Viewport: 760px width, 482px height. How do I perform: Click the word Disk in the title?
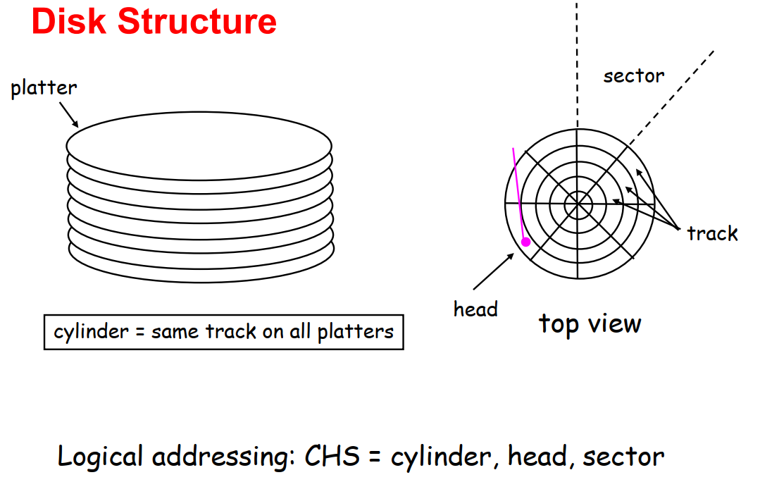pyautogui.click(x=68, y=21)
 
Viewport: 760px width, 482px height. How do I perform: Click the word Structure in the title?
pyautogui.click(x=197, y=21)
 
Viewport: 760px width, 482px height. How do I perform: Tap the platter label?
pyautogui.click(x=44, y=88)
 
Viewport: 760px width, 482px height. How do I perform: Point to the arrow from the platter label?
pyautogui.click(x=69, y=114)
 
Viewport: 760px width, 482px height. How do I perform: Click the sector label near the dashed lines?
pyautogui.click(x=633, y=76)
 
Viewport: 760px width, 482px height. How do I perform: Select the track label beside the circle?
pyautogui.click(x=713, y=234)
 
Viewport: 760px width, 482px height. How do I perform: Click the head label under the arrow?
pyautogui.click(x=475, y=309)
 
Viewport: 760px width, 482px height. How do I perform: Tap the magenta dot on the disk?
pyautogui.click(x=526, y=242)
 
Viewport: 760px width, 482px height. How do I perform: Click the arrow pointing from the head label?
pyautogui.click(x=494, y=271)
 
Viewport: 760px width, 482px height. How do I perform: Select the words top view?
pyautogui.click(x=590, y=323)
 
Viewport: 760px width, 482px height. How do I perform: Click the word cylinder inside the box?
pyautogui.click(x=91, y=332)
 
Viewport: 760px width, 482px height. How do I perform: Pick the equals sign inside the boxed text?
pyautogui.click(x=140, y=333)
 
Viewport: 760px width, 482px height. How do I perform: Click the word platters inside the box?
pyautogui.click(x=355, y=332)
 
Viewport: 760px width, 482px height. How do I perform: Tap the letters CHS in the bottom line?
pyautogui.click(x=332, y=457)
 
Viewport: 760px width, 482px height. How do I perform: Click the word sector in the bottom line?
pyautogui.click(x=623, y=457)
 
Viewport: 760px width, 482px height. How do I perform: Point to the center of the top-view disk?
pyautogui.click(x=578, y=204)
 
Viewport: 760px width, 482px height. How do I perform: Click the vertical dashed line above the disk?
pyautogui.click(x=578, y=65)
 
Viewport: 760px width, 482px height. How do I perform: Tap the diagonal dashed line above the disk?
pyautogui.click(x=671, y=98)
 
